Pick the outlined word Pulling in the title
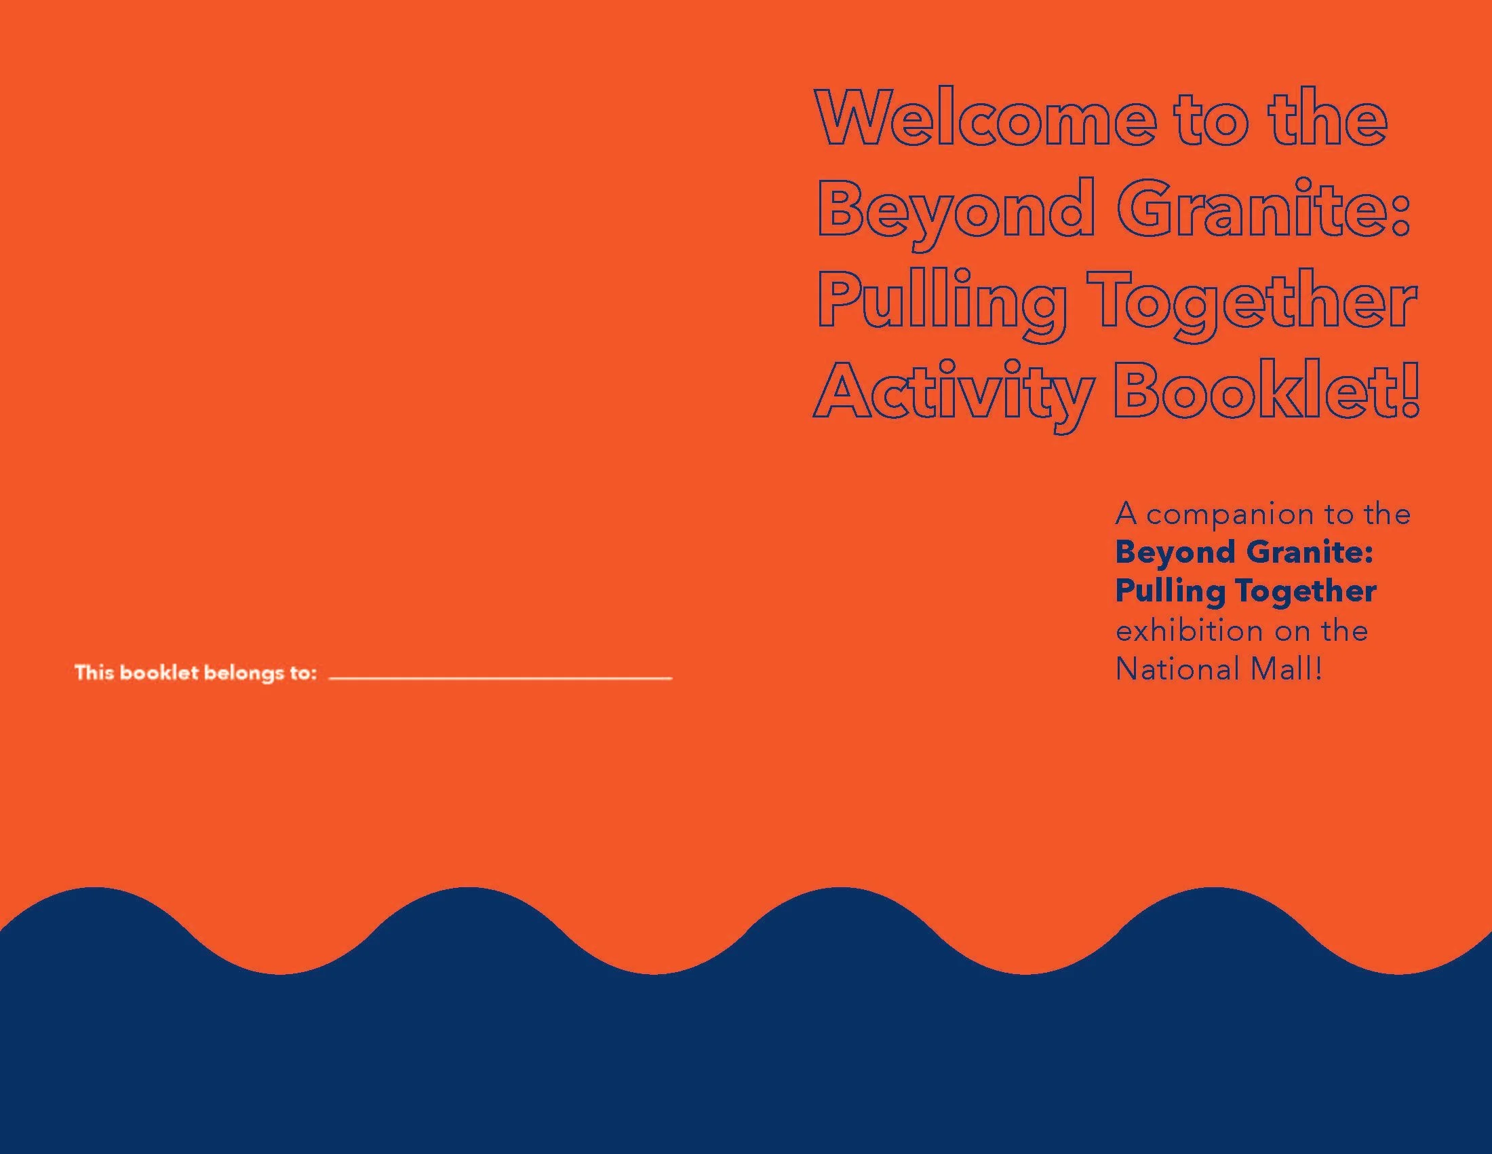click(x=941, y=302)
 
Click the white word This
click(x=94, y=673)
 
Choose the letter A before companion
click(x=1125, y=514)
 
